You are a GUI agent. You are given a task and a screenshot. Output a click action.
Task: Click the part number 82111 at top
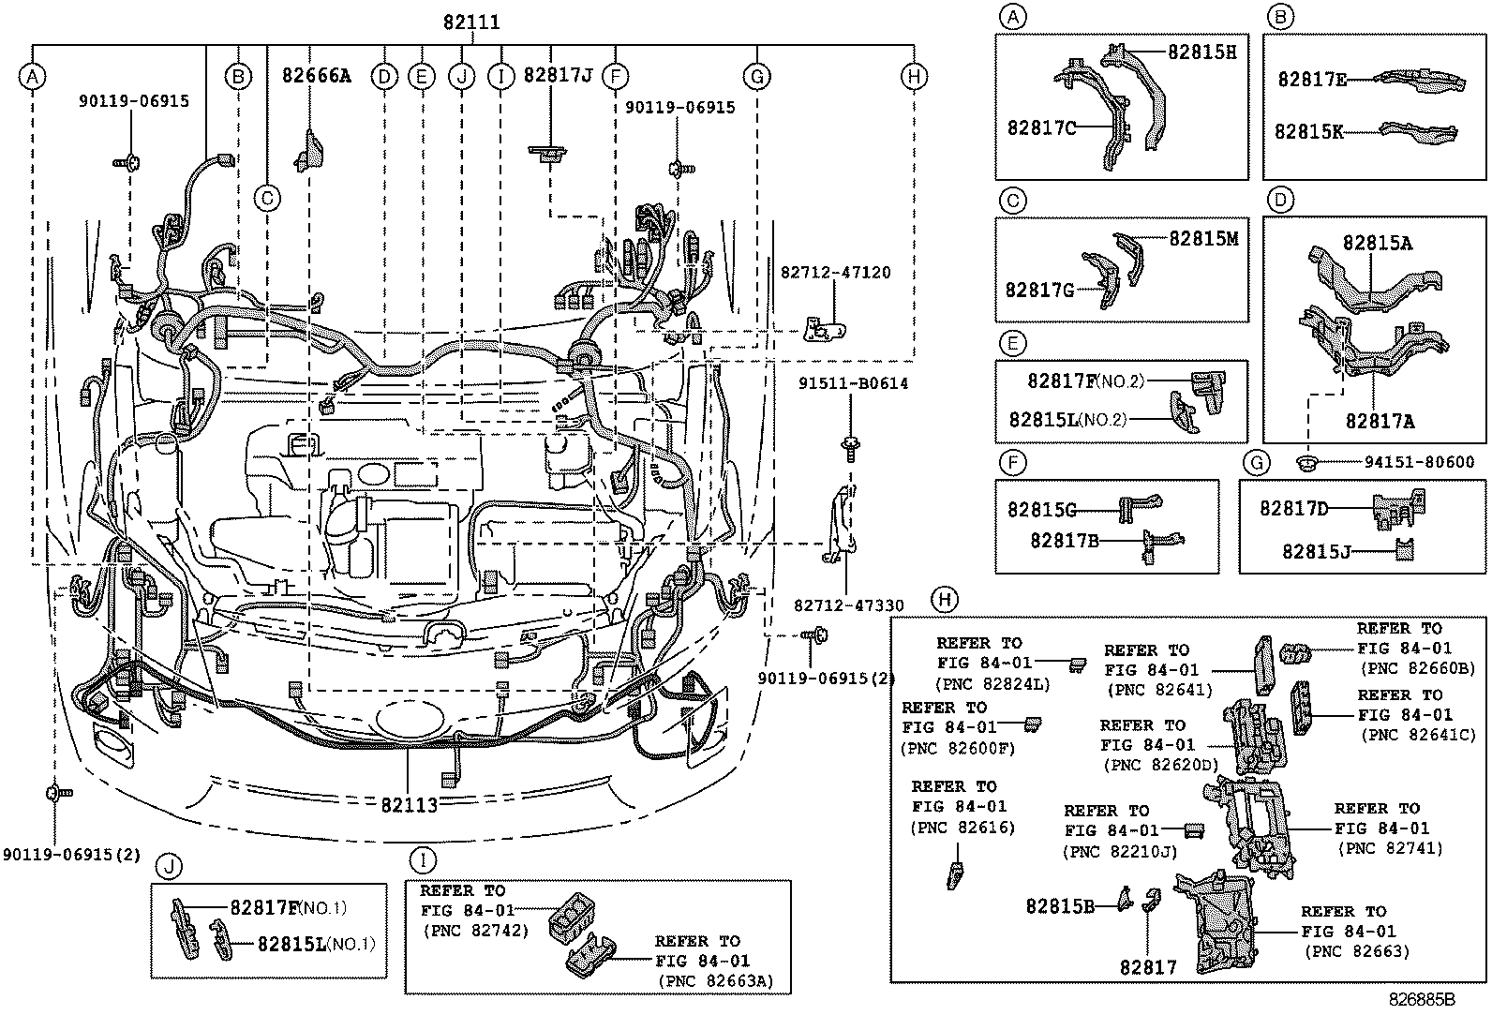tap(471, 22)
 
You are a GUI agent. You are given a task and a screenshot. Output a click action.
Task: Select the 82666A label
tap(316, 75)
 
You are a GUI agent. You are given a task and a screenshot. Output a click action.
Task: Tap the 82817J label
tap(557, 75)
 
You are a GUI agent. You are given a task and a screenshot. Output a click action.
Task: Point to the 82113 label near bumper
tap(410, 804)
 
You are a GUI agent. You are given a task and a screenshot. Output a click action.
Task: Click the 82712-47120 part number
tap(835, 273)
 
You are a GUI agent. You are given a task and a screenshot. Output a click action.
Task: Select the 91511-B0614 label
tap(853, 383)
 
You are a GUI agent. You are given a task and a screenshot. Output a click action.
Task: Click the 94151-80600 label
tap(1412, 462)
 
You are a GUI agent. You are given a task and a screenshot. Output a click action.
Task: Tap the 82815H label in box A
tap(1201, 52)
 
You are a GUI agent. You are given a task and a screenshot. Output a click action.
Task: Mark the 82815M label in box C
tap(1203, 238)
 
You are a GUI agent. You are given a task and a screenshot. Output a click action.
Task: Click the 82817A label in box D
tap(1380, 422)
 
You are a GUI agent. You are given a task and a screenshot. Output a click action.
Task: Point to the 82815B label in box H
tap(1060, 905)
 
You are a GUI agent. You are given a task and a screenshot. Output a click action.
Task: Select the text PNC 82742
tap(475, 931)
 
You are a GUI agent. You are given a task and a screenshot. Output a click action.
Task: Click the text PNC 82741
tap(1389, 848)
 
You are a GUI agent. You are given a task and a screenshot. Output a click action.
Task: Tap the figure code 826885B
tap(1421, 999)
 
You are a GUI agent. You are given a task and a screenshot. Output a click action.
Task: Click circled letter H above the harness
tap(914, 77)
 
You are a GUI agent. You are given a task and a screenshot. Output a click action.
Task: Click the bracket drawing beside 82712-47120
tap(824, 328)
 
